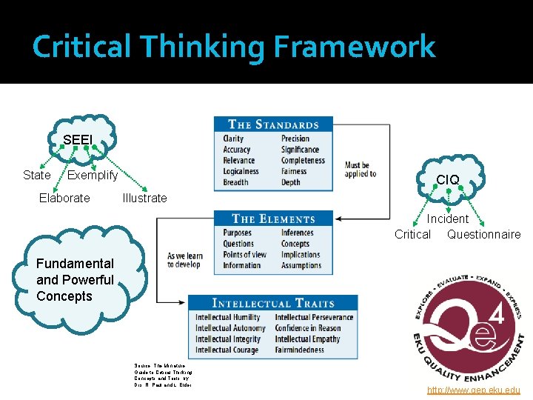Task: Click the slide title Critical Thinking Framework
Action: pos(234,47)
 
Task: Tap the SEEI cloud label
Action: pos(78,140)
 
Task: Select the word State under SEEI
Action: pos(36,176)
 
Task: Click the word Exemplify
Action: pos(93,176)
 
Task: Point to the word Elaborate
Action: pos(64,198)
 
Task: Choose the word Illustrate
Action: pos(144,198)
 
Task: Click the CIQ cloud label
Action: pos(447,180)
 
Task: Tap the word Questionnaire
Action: pos(483,235)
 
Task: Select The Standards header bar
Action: pos(273,124)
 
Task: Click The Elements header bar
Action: pos(273,219)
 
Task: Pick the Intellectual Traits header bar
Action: pos(273,303)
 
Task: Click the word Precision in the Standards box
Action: pos(295,139)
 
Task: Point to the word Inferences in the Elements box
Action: pos(297,233)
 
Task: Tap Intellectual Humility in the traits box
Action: pos(228,317)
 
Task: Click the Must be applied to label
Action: pos(361,170)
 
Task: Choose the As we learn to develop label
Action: pos(184,260)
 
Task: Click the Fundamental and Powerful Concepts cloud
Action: pos(75,280)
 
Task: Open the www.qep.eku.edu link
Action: pos(474,390)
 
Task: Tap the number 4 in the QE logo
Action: pos(498,316)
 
